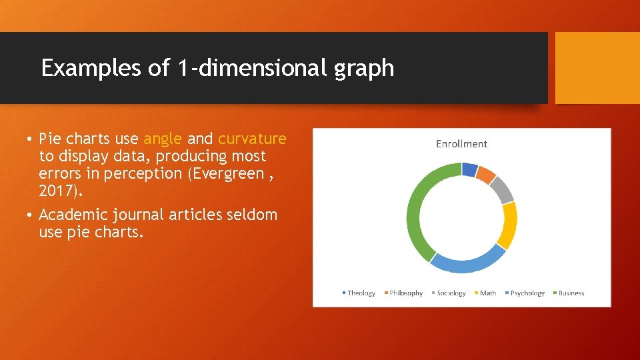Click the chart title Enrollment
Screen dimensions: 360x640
[x=461, y=144]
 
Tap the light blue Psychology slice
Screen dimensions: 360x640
[x=467, y=263]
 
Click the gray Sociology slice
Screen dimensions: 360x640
[x=505, y=190]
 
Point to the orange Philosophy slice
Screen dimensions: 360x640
[x=487, y=175]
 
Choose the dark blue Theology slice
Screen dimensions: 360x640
[x=469, y=169]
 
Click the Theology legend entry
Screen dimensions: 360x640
[x=361, y=293]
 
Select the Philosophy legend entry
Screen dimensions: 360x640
[x=405, y=293]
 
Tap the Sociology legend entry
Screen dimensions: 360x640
[x=451, y=293]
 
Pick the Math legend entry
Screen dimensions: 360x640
[x=487, y=293]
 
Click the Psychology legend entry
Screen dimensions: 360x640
[x=527, y=293]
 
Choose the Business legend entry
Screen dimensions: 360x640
[x=571, y=293]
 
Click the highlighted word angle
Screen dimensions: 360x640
[x=163, y=139]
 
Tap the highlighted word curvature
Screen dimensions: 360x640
[x=252, y=139]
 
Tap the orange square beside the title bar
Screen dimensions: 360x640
[x=597, y=68]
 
